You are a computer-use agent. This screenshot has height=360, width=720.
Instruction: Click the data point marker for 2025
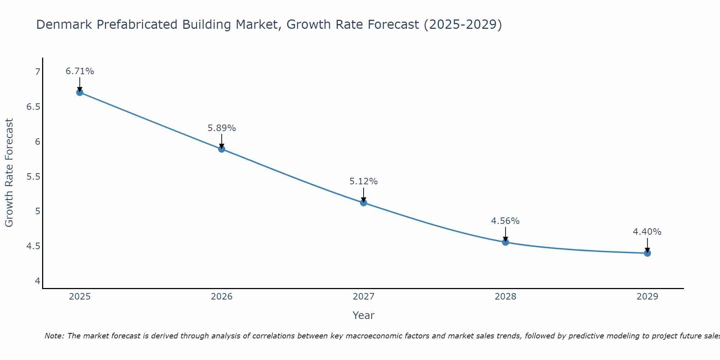point(80,92)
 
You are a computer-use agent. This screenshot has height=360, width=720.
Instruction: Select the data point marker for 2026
point(221,149)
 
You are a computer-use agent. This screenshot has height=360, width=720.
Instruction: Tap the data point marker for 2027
point(363,202)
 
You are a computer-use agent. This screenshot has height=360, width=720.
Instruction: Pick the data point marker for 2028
point(505,242)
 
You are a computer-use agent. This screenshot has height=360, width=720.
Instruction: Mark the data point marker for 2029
point(647,253)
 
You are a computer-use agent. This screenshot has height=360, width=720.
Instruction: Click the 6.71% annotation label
point(80,71)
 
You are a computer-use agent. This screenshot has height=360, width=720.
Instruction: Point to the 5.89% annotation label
point(221,128)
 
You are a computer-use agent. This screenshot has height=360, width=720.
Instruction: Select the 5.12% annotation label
point(363,181)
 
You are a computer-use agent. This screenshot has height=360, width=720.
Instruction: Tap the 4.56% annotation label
point(505,221)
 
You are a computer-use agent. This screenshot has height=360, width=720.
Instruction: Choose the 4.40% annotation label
point(647,232)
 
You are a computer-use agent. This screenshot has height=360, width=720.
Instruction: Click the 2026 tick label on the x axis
point(221,297)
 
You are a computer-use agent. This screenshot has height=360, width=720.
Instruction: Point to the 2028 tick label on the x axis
point(505,297)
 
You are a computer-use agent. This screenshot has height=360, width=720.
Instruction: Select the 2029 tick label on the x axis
point(647,297)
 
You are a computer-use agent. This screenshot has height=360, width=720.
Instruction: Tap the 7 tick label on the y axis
point(37,72)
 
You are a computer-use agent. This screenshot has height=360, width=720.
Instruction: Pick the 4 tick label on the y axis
point(37,281)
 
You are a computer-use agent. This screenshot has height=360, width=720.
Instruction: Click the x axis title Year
point(363,315)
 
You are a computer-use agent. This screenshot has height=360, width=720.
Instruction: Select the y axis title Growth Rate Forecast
point(9,173)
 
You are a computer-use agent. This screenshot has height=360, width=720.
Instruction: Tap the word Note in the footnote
point(54,336)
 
